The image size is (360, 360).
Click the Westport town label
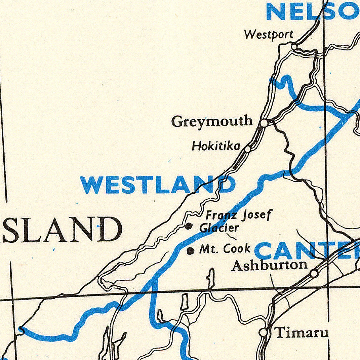[x=269, y=34]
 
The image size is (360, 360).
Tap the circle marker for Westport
[x=294, y=46]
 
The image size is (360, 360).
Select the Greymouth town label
[x=212, y=121]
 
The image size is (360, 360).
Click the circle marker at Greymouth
[x=264, y=123]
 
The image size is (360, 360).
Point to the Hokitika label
[x=216, y=146]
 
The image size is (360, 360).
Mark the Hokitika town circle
[x=247, y=149]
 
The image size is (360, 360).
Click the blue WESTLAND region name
[x=158, y=185]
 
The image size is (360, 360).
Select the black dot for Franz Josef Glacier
[x=189, y=226]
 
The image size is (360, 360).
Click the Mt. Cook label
[x=225, y=249]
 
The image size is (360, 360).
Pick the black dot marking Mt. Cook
[x=191, y=250]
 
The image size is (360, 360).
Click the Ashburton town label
[x=270, y=266]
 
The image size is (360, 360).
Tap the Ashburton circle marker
[x=314, y=274]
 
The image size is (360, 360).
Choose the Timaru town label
[x=302, y=333]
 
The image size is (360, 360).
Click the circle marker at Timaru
[x=264, y=332]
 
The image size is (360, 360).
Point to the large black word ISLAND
[x=61, y=230]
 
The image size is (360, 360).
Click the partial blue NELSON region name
[x=313, y=12]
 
